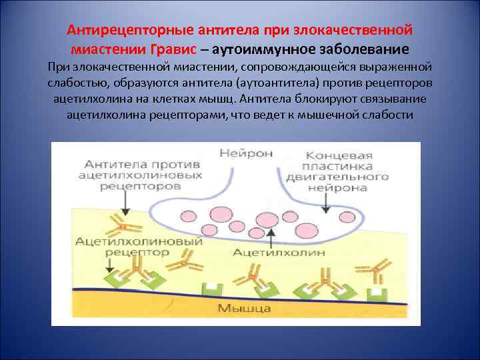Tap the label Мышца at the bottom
pyautogui.click(x=243, y=308)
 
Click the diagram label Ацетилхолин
pyautogui.click(x=269, y=253)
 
